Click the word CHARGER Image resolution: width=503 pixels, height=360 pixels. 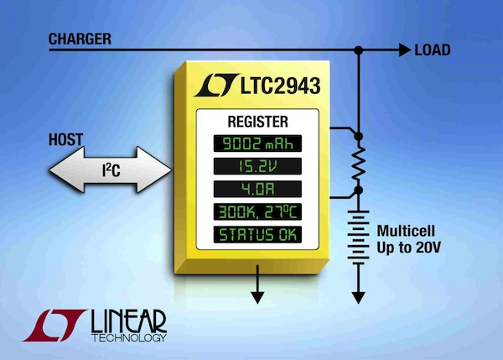click(80, 39)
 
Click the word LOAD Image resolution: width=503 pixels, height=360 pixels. click(433, 50)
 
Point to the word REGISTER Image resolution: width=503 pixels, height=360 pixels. click(257, 120)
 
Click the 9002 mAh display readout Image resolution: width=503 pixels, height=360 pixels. click(257, 143)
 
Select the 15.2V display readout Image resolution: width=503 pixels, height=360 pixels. click(257, 165)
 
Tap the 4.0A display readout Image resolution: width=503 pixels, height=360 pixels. click(257, 188)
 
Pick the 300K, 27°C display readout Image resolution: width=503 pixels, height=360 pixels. click(257, 211)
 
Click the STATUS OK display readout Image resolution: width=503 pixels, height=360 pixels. click(257, 233)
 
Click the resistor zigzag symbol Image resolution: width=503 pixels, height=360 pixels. click(360, 165)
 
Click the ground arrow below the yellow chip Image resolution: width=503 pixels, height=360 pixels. click(257, 295)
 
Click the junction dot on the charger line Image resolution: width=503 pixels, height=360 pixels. click(360, 50)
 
